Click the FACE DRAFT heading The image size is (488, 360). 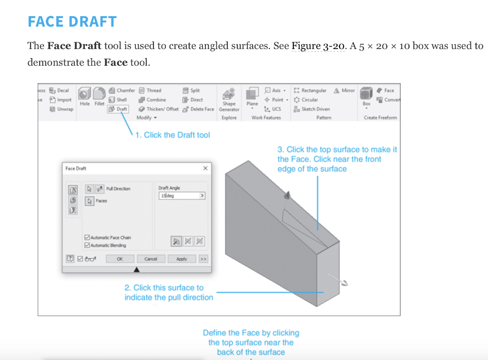point(72,21)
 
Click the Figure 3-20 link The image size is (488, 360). point(318,46)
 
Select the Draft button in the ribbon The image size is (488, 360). point(118,109)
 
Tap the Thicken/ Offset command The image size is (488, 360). point(159,109)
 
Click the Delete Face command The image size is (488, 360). point(199,109)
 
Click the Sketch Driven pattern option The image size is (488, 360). point(312,109)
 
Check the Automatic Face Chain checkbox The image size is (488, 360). point(87,238)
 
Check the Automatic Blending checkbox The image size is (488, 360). point(87,246)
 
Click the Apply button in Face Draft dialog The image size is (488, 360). point(182,259)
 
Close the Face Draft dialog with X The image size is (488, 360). point(205,168)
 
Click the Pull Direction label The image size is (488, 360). point(118,189)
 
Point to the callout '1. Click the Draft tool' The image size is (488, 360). point(172,135)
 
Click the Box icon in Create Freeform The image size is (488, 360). point(366,94)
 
